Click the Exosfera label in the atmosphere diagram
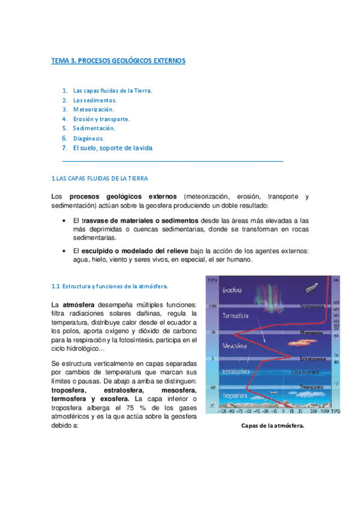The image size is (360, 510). click(x=232, y=290)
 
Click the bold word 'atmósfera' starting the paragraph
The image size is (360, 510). click(x=78, y=304)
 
